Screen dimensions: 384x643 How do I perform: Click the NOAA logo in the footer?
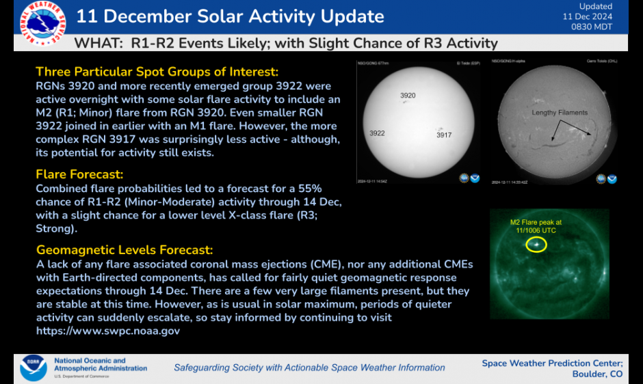tap(33, 368)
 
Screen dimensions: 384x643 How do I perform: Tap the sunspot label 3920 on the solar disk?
tap(408, 96)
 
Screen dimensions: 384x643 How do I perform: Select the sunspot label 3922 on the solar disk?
tap(377, 133)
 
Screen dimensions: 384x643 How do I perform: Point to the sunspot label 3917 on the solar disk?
tap(444, 135)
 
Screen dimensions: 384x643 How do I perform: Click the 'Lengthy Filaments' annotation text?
tap(560, 113)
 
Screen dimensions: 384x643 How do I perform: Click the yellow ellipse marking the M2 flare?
tap(536, 244)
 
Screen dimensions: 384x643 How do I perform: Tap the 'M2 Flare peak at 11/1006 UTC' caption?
tap(536, 226)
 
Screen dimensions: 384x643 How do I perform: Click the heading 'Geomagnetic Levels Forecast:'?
tap(124, 250)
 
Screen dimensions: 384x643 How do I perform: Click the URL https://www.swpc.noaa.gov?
tap(108, 330)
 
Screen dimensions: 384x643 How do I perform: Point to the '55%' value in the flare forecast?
tap(309, 188)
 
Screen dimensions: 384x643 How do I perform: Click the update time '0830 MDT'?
tap(593, 27)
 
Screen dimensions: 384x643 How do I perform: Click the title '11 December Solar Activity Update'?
tap(230, 16)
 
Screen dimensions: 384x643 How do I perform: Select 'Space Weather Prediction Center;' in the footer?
tap(552, 363)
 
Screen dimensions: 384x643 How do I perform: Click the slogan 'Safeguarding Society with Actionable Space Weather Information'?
tap(309, 368)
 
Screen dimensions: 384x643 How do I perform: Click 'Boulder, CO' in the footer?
tap(597, 374)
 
